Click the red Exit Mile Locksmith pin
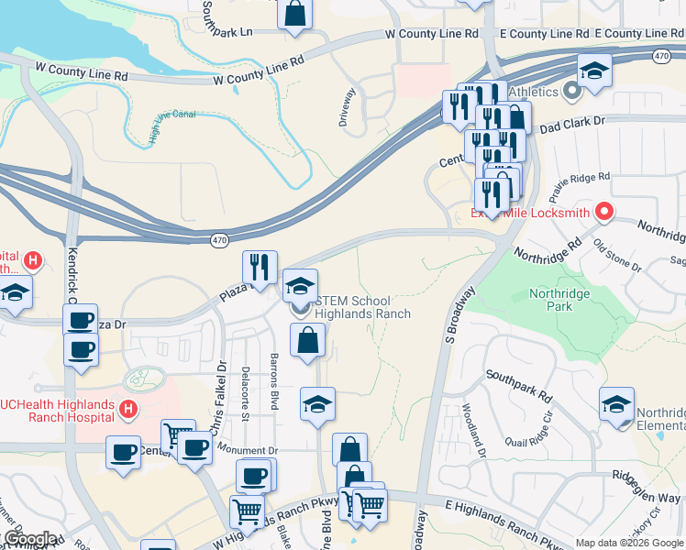click(x=603, y=212)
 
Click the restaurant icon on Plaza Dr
click(x=260, y=267)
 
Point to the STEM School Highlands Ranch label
click(x=361, y=307)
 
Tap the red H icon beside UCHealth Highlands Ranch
click(x=128, y=410)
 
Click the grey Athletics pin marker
click(x=573, y=91)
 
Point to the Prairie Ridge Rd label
click(x=579, y=187)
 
